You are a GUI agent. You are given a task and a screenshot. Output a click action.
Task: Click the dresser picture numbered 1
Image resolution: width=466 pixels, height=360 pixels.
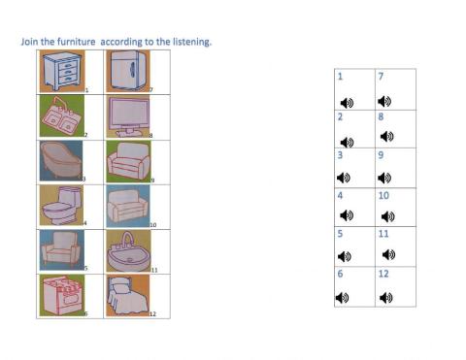point(60,71)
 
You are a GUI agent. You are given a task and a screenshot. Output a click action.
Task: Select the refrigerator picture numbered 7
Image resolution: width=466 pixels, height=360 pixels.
point(126,71)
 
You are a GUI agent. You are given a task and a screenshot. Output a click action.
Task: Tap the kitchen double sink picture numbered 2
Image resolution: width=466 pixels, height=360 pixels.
point(60,115)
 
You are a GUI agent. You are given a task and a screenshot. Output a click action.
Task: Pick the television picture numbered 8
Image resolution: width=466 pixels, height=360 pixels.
point(126,115)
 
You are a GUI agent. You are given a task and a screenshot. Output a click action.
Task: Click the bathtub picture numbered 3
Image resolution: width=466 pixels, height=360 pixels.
point(60,160)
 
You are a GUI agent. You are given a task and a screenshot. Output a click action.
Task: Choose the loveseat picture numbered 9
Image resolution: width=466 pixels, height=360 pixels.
point(126,160)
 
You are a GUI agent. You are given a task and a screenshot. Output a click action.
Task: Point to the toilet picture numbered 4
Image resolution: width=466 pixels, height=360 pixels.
point(60,206)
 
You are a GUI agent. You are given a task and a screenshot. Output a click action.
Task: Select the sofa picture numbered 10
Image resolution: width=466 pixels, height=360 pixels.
point(126,206)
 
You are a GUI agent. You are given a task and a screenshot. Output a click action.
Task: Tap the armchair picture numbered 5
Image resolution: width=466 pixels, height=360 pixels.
point(60,250)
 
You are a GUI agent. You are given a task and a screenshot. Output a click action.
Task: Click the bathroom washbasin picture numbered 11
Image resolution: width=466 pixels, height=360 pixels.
point(126,250)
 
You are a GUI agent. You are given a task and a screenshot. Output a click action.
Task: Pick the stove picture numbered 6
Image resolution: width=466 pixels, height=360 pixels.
point(60,295)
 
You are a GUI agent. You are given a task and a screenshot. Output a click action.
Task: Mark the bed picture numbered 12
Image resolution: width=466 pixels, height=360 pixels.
point(126,295)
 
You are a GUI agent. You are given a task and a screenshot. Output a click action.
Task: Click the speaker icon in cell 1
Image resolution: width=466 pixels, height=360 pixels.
point(347,102)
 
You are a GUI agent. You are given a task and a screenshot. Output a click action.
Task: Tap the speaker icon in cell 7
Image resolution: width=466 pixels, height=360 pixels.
point(384,101)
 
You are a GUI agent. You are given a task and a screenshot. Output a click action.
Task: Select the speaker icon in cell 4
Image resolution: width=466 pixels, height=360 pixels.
point(347,215)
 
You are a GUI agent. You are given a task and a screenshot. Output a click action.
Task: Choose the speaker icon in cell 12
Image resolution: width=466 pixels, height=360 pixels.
point(385,297)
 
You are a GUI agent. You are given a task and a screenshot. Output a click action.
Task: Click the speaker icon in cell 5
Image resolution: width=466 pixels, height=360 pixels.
point(343,256)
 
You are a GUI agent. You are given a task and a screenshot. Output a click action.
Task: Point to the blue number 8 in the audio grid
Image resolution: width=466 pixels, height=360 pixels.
point(380,116)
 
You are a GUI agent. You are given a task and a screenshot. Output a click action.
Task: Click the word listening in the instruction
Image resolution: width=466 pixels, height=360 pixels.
point(186,42)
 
